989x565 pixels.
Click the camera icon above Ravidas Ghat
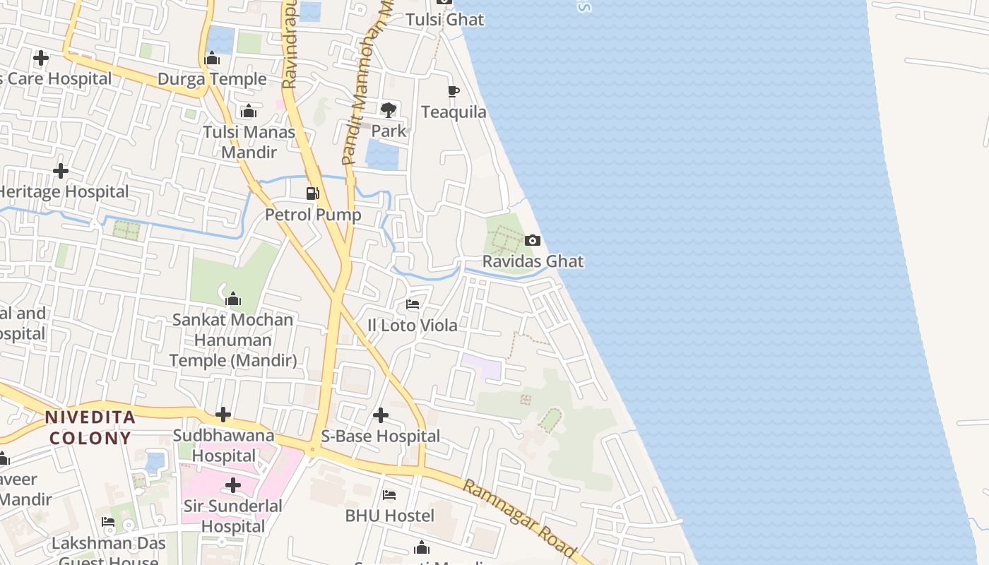tap(533, 241)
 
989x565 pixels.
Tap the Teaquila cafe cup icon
tap(454, 91)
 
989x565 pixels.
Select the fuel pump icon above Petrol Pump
tap(313, 194)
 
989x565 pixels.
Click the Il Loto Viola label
tap(413, 326)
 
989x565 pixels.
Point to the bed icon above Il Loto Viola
tap(413, 304)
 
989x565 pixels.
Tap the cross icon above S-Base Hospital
tap(381, 415)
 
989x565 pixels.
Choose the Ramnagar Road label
tap(519, 517)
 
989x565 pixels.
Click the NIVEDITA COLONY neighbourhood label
tap(90, 427)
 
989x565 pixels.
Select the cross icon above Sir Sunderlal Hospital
tap(233, 485)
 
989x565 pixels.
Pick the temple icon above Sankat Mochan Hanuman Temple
tap(233, 299)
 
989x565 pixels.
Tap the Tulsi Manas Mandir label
tap(249, 142)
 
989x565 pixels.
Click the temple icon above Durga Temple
tap(212, 59)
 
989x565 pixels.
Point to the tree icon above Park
tap(388, 109)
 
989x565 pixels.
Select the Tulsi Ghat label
tap(445, 20)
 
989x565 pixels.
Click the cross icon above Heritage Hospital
tap(61, 170)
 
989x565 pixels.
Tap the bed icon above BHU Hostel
tap(389, 495)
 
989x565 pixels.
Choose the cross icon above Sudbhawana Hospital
tap(223, 415)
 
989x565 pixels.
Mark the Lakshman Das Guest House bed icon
tap(108, 522)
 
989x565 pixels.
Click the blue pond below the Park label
tap(383, 155)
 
